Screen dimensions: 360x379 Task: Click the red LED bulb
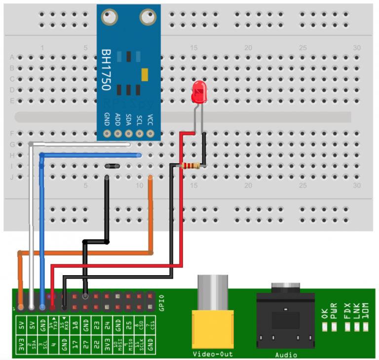click(x=199, y=92)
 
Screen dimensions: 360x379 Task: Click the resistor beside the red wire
click(x=191, y=166)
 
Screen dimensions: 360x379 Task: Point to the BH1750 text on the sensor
click(x=106, y=69)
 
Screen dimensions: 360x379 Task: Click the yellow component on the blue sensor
click(x=145, y=74)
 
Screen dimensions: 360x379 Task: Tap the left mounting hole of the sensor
click(x=110, y=17)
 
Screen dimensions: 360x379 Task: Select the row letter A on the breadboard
click(x=12, y=57)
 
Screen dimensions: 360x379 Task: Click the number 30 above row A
click(x=356, y=47)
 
